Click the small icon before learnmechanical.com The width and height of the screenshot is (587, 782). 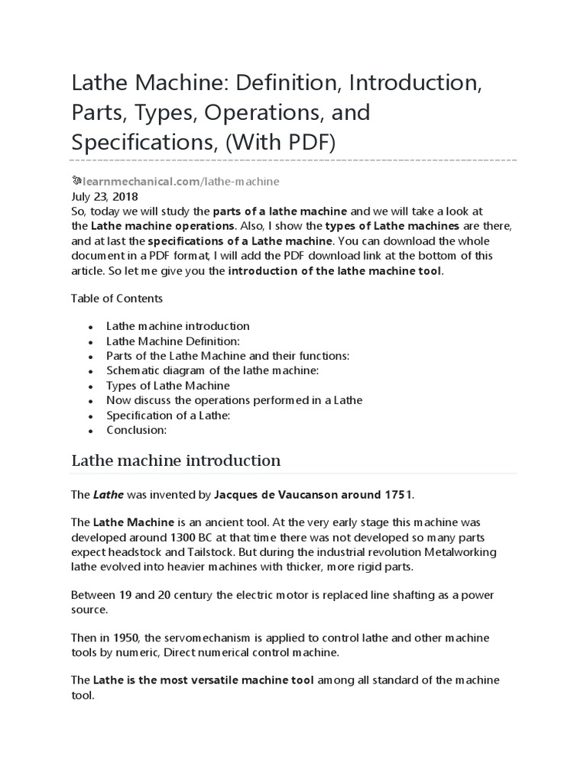click(x=76, y=181)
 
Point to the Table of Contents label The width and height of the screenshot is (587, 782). click(x=116, y=298)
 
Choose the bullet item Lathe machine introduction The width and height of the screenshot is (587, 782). click(x=178, y=326)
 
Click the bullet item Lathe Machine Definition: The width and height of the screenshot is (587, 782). click(x=174, y=341)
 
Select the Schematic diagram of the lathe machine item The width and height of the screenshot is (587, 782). click(x=212, y=370)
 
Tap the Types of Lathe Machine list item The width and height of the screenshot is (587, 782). click(x=168, y=386)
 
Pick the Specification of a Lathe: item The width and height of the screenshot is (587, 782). click(x=168, y=415)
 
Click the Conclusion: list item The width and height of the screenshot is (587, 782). click(x=136, y=430)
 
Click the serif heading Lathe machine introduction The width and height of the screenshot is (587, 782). click(x=176, y=460)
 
